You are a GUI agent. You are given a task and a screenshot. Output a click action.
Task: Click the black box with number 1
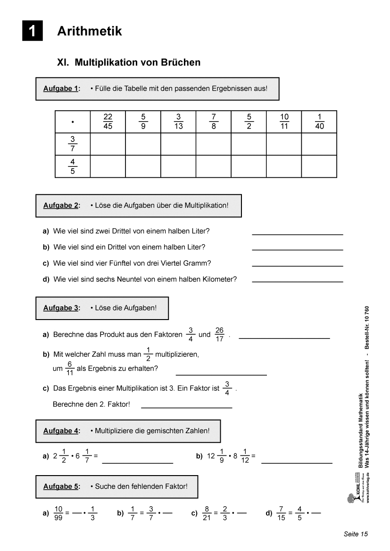pyautogui.click(x=32, y=31)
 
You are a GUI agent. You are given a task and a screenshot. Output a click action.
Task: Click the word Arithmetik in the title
pyautogui.click(x=89, y=31)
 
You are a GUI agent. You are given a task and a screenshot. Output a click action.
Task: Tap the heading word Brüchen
pyautogui.click(x=175, y=62)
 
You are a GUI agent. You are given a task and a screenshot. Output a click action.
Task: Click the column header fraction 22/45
pyautogui.click(x=108, y=122)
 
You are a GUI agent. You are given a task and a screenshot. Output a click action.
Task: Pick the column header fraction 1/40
pyautogui.click(x=319, y=122)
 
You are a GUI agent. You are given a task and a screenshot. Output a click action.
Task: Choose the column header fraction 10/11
pyautogui.click(x=284, y=122)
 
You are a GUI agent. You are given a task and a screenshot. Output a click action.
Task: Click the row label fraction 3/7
pyautogui.click(x=73, y=144)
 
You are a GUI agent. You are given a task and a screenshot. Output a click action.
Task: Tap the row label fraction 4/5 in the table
pyautogui.click(x=73, y=166)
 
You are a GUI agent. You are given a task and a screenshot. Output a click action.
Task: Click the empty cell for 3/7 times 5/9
pyautogui.click(x=143, y=144)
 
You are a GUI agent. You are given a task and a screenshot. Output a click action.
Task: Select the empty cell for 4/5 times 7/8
pyautogui.click(x=214, y=166)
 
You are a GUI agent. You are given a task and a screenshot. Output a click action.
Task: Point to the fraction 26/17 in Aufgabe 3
pyautogui.click(x=219, y=335)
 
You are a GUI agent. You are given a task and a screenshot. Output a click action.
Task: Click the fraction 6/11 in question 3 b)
pyautogui.click(x=69, y=369)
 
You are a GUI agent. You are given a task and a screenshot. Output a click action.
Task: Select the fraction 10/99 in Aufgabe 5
pyautogui.click(x=58, y=513)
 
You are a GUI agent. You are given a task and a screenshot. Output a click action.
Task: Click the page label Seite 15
pyautogui.click(x=355, y=534)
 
